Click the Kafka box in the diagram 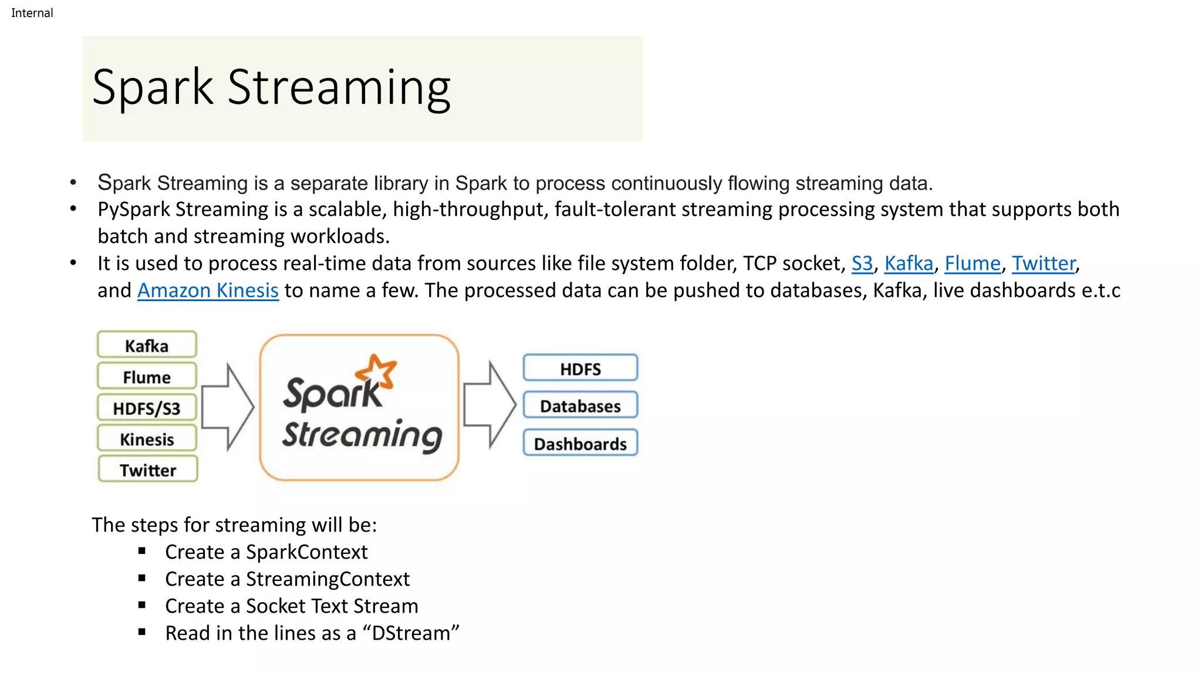pyautogui.click(x=147, y=345)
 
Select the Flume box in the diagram pyautogui.click(x=147, y=377)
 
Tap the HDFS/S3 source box pyautogui.click(x=147, y=408)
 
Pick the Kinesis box pyautogui.click(x=147, y=439)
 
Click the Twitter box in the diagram pyautogui.click(x=148, y=469)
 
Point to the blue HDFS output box pyautogui.click(x=580, y=369)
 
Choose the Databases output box pyautogui.click(x=580, y=405)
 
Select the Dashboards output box pyautogui.click(x=580, y=444)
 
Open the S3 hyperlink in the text pyautogui.click(x=862, y=263)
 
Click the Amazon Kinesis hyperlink pyautogui.click(x=208, y=290)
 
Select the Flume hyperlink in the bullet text pyautogui.click(x=972, y=263)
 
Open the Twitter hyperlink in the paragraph pyautogui.click(x=1044, y=263)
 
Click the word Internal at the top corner pyautogui.click(x=32, y=13)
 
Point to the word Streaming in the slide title pyautogui.click(x=339, y=88)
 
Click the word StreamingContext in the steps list pyautogui.click(x=327, y=579)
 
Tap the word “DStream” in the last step pyautogui.click(x=411, y=633)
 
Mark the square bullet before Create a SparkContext pyautogui.click(x=142, y=551)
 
